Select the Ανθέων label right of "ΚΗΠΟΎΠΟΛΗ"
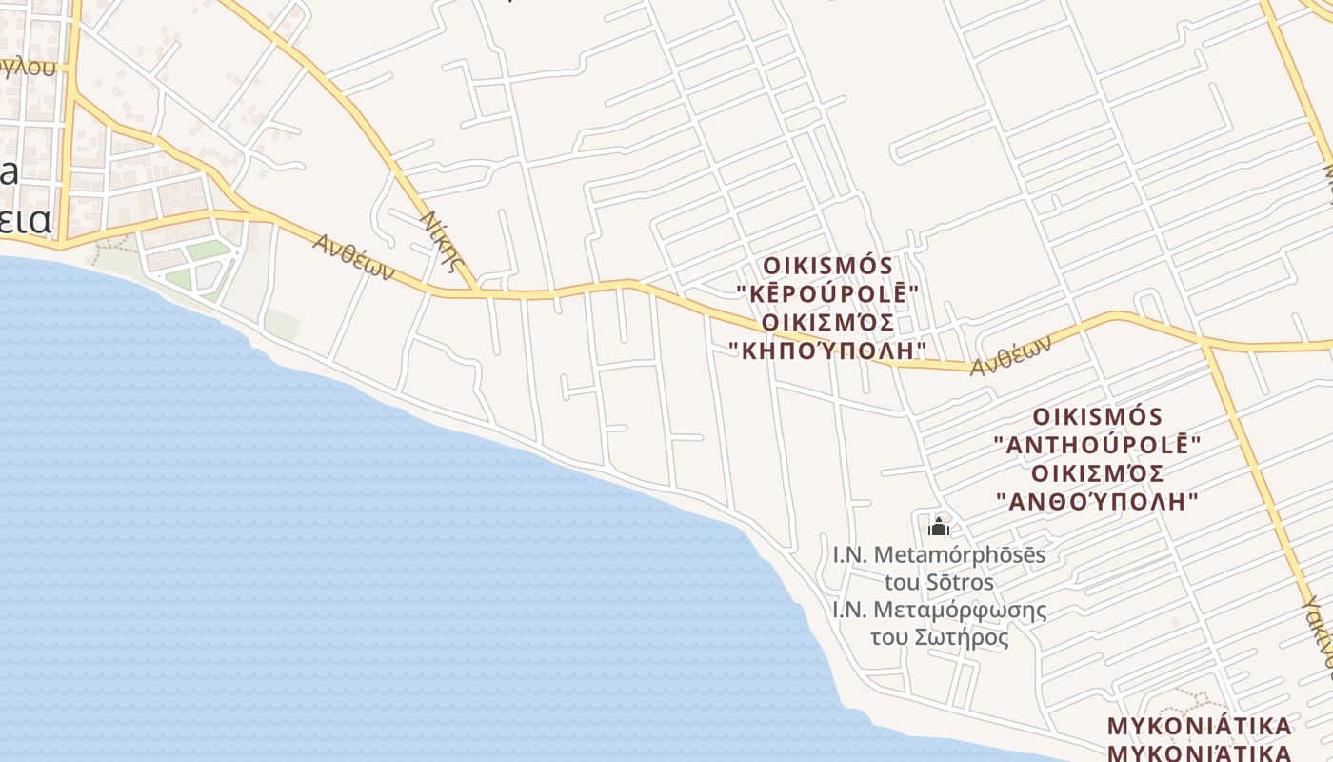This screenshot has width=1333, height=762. tap(1011, 356)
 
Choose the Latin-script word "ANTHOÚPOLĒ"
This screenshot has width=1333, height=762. tap(1097, 445)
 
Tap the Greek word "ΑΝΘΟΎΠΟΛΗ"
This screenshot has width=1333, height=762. tap(1097, 501)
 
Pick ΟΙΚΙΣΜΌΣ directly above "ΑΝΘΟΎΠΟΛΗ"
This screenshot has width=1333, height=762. tap(1098, 473)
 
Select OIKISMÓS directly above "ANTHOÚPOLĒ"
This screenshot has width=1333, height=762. tap(1098, 416)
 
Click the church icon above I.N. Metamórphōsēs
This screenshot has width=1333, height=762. tap(939, 526)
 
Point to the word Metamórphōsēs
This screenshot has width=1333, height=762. tap(959, 554)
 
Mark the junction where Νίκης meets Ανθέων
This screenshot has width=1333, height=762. tap(476, 291)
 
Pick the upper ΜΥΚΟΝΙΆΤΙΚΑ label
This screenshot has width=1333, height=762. tap(1199, 727)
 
